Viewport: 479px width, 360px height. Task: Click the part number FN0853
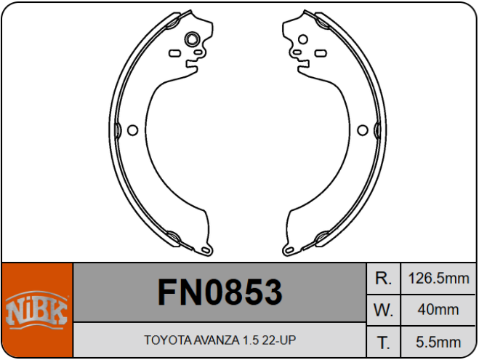coord(220,292)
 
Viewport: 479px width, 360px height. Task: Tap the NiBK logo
coord(36,311)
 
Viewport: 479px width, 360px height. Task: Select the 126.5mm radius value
coord(438,278)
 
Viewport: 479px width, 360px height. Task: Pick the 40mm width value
coord(438,309)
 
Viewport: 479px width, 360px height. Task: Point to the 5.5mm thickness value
coord(438,341)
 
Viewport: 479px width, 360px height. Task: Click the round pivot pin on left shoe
coord(193,39)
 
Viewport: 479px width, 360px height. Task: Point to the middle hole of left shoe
coord(132,130)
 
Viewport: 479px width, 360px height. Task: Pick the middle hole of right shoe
coord(362,130)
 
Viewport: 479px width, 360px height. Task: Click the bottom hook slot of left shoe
coord(206,252)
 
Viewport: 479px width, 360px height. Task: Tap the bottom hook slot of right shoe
coord(288,252)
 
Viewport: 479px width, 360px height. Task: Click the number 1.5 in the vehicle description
coord(251,340)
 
